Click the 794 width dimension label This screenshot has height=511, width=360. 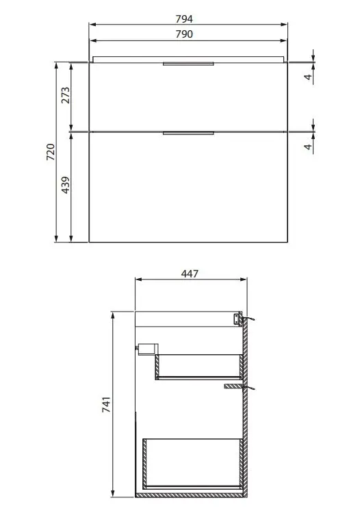pyautogui.click(x=184, y=19)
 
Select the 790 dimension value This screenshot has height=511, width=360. pyautogui.click(x=184, y=34)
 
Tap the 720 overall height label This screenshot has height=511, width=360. pyautogui.click(x=51, y=152)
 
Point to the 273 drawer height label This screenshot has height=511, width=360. pyautogui.click(x=66, y=95)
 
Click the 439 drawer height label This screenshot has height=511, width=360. pyautogui.click(x=66, y=185)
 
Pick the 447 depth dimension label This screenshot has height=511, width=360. pyautogui.click(x=190, y=274)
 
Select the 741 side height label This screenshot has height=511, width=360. pyautogui.click(x=106, y=404)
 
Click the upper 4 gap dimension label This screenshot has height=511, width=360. pyautogui.click(x=308, y=77)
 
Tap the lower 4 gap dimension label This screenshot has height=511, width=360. pyautogui.click(x=308, y=147)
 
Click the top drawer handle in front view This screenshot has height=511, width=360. pyautogui.click(x=188, y=64)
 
